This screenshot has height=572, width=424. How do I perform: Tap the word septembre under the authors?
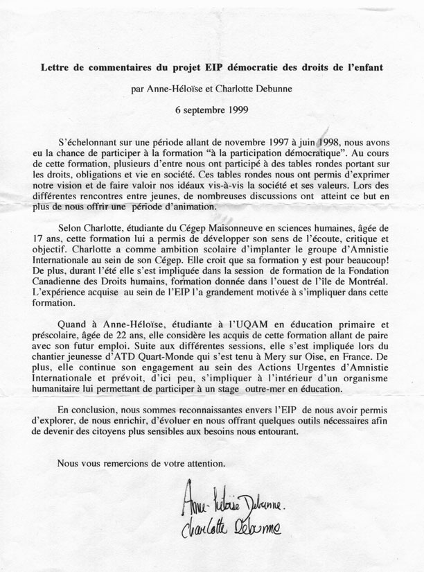point(202,110)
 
